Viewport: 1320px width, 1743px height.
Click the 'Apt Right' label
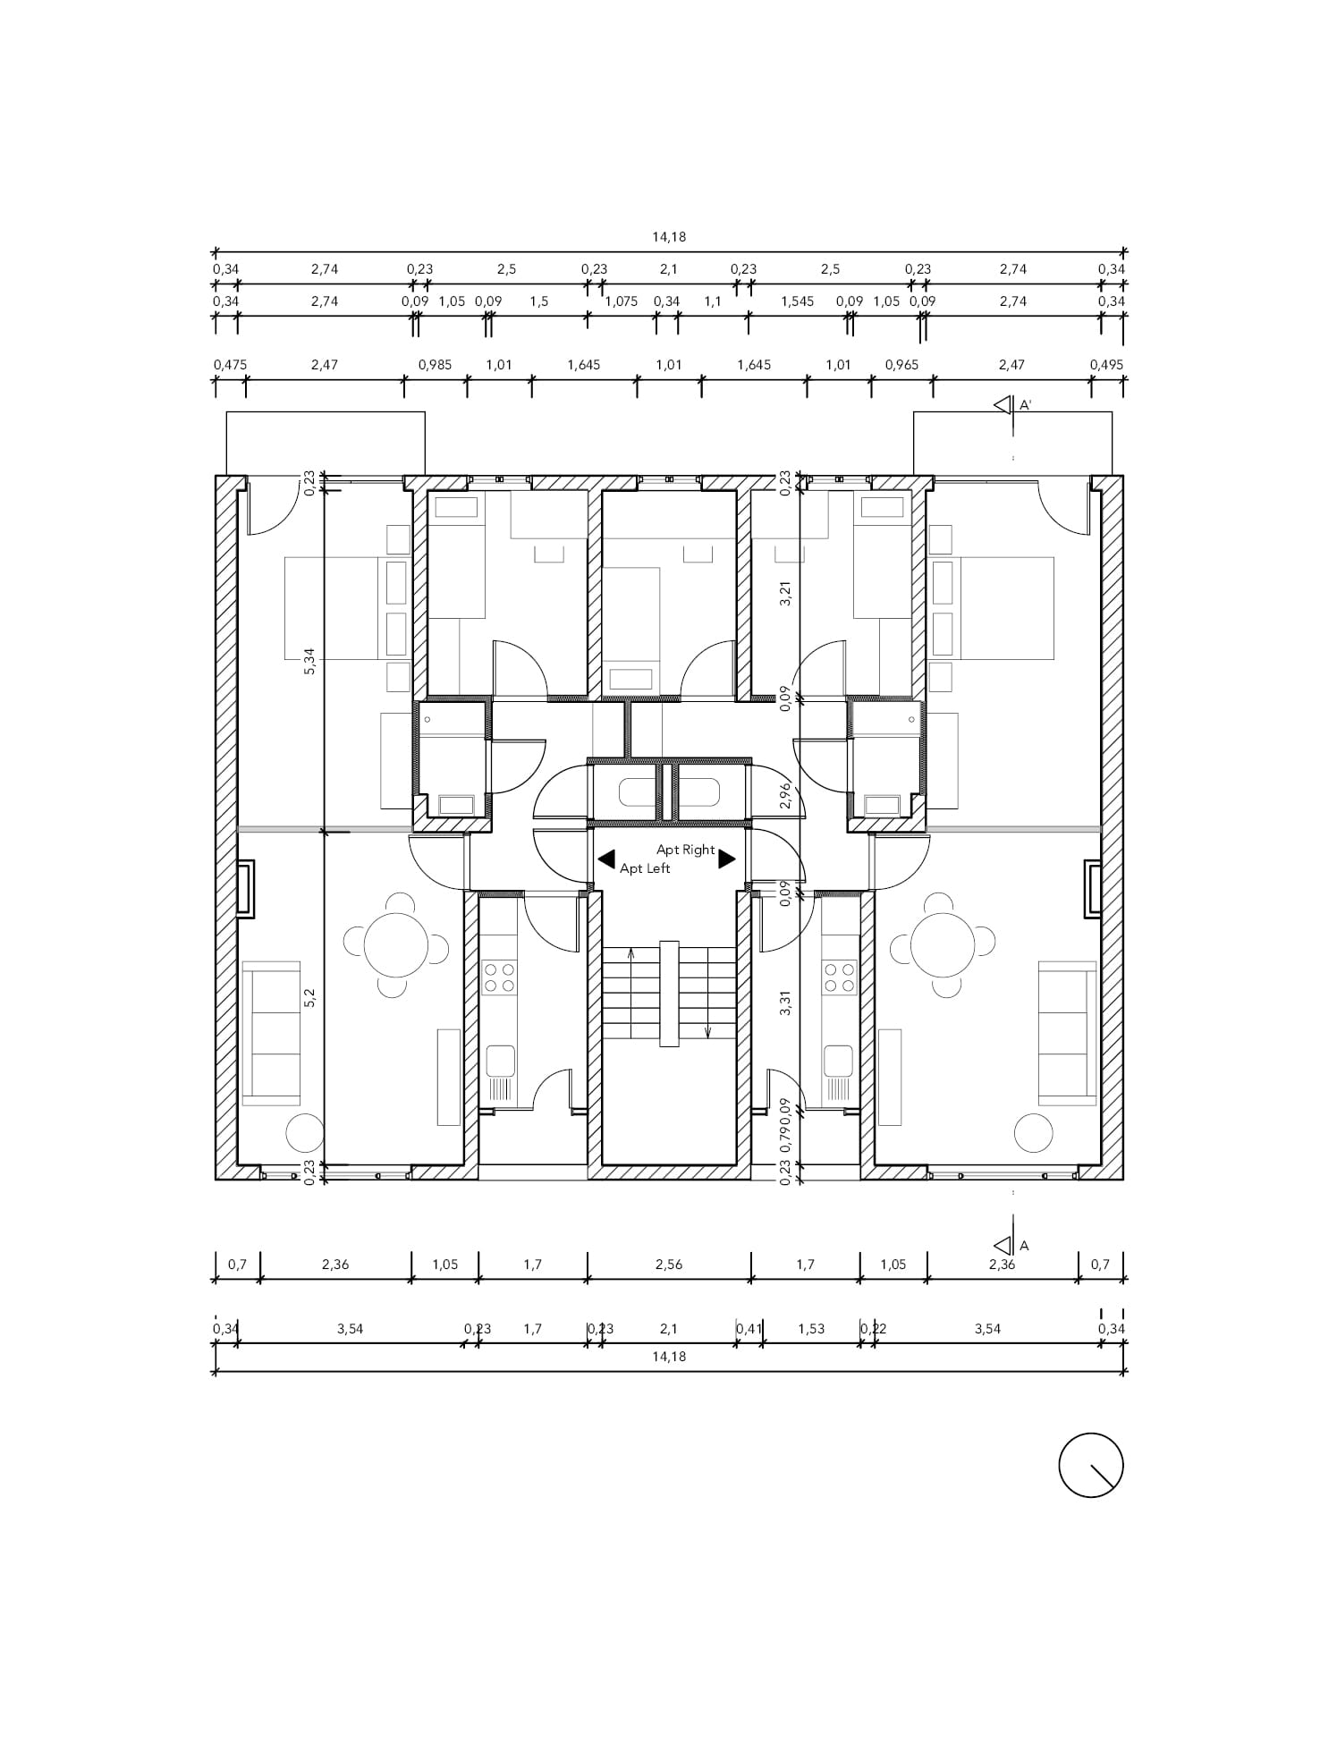pyautogui.click(x=686, y=850)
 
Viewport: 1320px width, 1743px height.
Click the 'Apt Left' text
pyautogui.click(x=645, y=868)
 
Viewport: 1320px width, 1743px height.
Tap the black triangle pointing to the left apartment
pyautogui.click(x=606, y=859)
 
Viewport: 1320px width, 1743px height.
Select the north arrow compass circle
pyautogui.click(x=1090, y=1465)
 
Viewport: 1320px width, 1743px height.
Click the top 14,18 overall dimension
pyautogui.click(x=669, y=237)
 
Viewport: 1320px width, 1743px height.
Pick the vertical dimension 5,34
pyautogui.click(x=309, y=662)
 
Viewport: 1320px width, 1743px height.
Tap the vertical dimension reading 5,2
pyautogui.click(x=309, y=998)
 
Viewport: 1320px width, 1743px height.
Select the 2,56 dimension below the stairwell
pyautogui.click(x=669, y=1265)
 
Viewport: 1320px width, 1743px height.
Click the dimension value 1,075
pyautogui.click(x=622, y=301)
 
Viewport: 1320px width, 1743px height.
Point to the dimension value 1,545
pyautogui.click(x=798, y=301)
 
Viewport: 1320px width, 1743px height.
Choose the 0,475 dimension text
pyautogui.click(x=230, y=365)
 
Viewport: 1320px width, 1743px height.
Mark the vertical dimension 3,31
pyautogui.click(x=785, y=1003)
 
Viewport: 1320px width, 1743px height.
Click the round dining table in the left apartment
pyautogui.click(x=396, y=945)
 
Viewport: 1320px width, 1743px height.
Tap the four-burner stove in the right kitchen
pyautogui.click(x=839, y=977)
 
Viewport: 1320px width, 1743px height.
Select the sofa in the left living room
pyautogui.click(x=271, y=1034)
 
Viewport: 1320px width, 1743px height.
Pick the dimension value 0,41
pyautogui.click(x=749, y=1329)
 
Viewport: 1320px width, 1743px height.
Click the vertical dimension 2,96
pyautogui.click(x=785, y=796)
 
